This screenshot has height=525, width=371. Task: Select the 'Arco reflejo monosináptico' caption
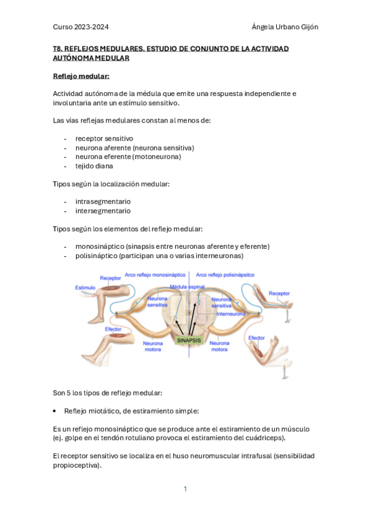pos(155,274)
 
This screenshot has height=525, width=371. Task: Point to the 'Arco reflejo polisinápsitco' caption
pos(225,274)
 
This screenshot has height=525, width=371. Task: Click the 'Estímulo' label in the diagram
pos(85,288)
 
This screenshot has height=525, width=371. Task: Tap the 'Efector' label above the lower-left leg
pos(113,329)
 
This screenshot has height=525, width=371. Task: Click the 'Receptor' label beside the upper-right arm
pos(279,293)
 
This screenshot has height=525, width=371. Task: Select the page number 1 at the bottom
pos(185,489)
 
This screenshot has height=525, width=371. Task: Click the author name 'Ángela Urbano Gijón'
pos(285,27)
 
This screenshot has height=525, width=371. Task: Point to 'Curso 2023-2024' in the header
pos(85,27)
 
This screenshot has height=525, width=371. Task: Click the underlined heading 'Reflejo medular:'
pos(81,76)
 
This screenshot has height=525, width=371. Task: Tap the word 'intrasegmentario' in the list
pos(103,201)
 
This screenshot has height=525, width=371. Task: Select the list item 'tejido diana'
pos(94,166)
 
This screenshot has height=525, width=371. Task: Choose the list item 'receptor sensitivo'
pos(104,138)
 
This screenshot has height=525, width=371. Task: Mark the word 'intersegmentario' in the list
pos(103,210)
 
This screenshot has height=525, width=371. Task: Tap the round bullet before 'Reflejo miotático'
pos(56,410)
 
